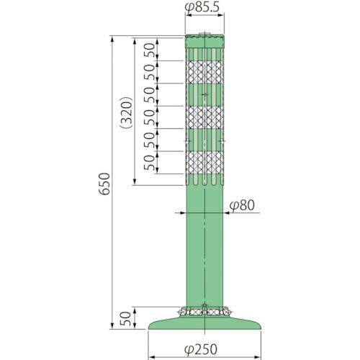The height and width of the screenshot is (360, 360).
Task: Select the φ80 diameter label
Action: (243, 206)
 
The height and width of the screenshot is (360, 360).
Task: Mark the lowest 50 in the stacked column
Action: (149, 163)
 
